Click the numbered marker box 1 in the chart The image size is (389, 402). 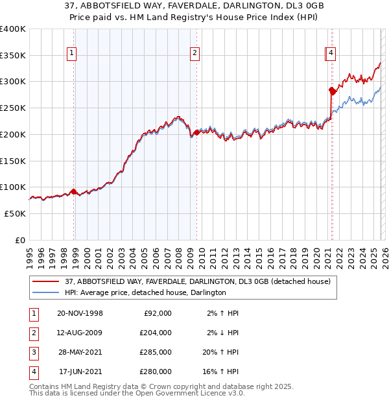pyautogui.click(x=71, y=54)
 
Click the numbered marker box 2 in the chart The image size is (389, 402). pyautogui.click(x=194, y=54)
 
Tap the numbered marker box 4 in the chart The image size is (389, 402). pyautogui.click(x=331, y=54)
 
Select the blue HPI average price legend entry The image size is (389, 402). pyautogui.click(x=145, y=292)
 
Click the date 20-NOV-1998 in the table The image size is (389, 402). pyautogui.click(x=80, y=313)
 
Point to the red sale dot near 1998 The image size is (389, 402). pyautogui.click(x=73, y=191)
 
